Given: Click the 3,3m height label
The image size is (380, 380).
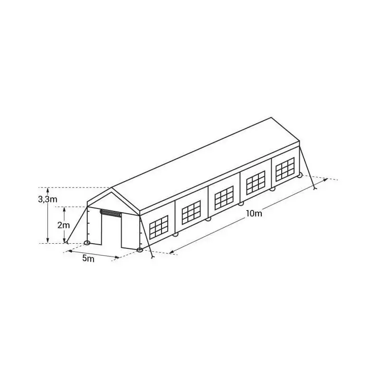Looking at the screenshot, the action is (48, 199).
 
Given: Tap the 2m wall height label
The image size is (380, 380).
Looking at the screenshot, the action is (64, 225).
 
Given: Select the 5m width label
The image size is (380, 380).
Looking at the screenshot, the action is (88, 258).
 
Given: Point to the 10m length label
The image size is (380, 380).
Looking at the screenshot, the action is (254, 213).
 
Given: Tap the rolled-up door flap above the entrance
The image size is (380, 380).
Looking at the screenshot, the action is (111, 213).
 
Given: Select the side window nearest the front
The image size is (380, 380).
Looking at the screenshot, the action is (159, 227).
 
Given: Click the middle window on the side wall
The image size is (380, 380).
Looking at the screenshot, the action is (224, 198).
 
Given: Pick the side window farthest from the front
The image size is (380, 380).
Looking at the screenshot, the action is (285, 169).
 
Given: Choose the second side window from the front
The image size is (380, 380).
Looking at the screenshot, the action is (191, 212).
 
